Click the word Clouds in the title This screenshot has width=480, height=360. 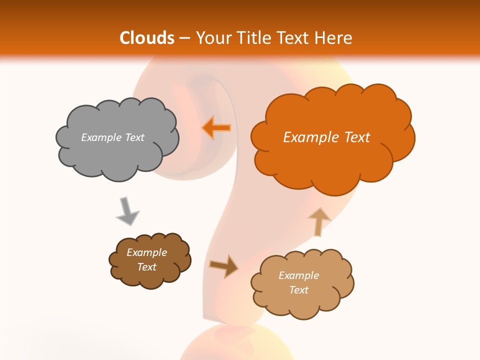(x=147, y=38)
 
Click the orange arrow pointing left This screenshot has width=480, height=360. (x=216, y=128)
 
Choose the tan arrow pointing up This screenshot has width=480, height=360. (x=318, y=221)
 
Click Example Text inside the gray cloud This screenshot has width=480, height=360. (x=112, y=137)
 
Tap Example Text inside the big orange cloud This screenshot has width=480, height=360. (x=326, y=137)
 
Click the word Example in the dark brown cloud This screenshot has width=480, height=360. (x=146, y=252)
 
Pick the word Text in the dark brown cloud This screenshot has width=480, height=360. (x=146, y=267)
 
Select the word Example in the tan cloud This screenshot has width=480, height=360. (x=298, y=275)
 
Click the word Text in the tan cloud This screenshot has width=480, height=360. (x=298, y=290)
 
